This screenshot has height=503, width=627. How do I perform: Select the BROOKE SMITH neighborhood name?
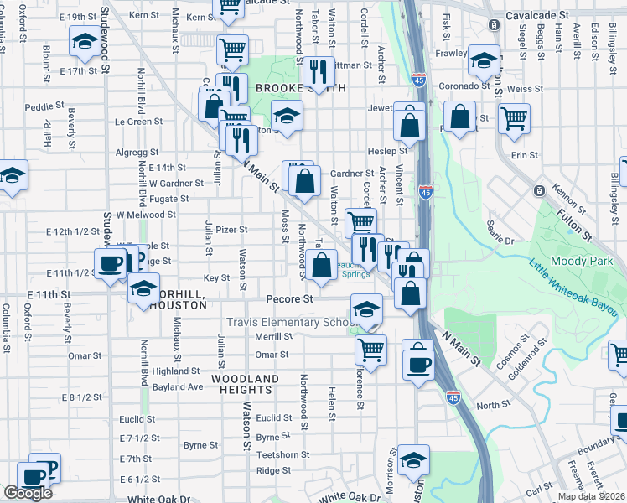tap(289, 88)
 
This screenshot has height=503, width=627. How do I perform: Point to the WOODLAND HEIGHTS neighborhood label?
tap(245, 379)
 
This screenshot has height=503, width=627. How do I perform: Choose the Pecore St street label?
tap(289, 298)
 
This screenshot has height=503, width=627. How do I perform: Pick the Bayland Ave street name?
tap(178, 386)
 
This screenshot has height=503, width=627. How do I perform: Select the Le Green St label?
tap(138, 122)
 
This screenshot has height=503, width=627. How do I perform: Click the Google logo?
tap(28, 492)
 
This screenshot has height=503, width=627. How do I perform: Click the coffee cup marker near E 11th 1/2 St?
tap(110, 264)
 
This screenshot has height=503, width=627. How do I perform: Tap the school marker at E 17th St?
tap(84, 43)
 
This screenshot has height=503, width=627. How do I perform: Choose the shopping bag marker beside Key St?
tap(322, 266)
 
